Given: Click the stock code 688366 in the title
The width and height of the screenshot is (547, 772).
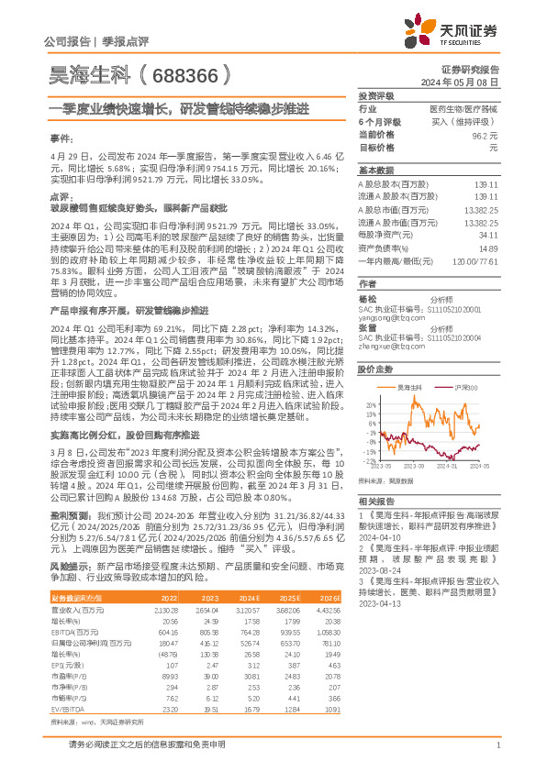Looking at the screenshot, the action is [195, 71].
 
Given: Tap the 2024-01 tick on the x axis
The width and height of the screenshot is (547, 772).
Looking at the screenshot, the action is [448, 468].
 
